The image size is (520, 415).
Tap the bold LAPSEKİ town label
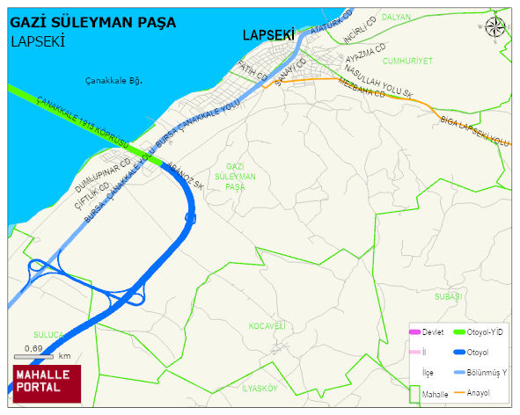pyautogui.click(x=268, y=36)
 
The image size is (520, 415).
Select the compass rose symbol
pyautogui.click(x=495, y=27)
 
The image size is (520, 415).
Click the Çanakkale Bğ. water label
pyautogui.click(x=114, y=81)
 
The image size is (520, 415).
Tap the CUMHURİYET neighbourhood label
pyautogui.click(x=408, y=61)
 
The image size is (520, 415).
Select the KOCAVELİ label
pyautogui.click(x=267, y=325)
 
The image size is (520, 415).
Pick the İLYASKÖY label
pyautogui.click(x=260, y=388)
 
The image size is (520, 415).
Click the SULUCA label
pyautogui.click(x=48, y=335)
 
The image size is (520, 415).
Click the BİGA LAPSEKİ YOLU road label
pyautogui.click(x=474, y=130)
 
